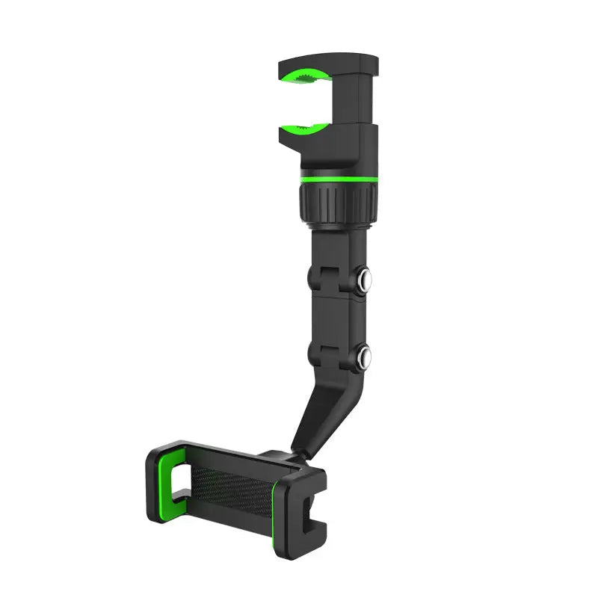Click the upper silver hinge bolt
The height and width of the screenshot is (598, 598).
click(x=367, y=280)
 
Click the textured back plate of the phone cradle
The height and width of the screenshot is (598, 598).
click(x=232, y=490)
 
